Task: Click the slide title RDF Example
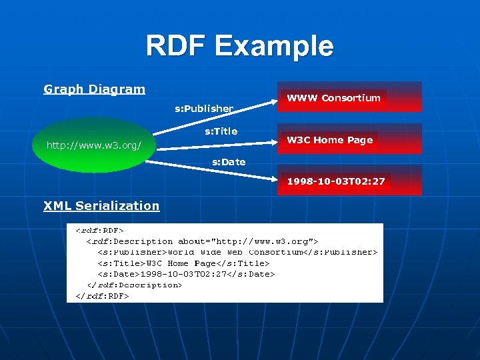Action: [239, 47]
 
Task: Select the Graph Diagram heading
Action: [94, 89]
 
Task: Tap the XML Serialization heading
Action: [101, 205]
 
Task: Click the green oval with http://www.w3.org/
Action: [93, 145]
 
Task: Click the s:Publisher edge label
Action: [204, 108]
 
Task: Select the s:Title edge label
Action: [221, 131]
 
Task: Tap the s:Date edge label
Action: [229, 162]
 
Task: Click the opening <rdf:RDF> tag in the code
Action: [99, 231]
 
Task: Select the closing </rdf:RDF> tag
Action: [102, 295]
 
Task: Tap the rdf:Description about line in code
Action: [203, 241]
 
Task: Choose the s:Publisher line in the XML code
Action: [237, 252]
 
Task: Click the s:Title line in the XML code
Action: [183, 263]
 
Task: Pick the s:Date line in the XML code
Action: [186, 274]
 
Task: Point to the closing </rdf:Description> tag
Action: [134, 285]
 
